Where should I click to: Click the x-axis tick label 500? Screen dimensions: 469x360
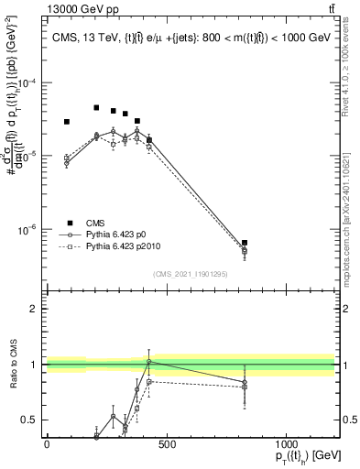[x=166, y=443]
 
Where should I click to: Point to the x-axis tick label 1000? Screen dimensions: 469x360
[x=286, y=443]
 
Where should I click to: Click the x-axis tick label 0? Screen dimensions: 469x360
[x=47, y=443]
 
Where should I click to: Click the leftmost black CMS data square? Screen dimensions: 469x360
[x=67, y=122]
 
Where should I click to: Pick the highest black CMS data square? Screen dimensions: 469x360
[x=96, y=107]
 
